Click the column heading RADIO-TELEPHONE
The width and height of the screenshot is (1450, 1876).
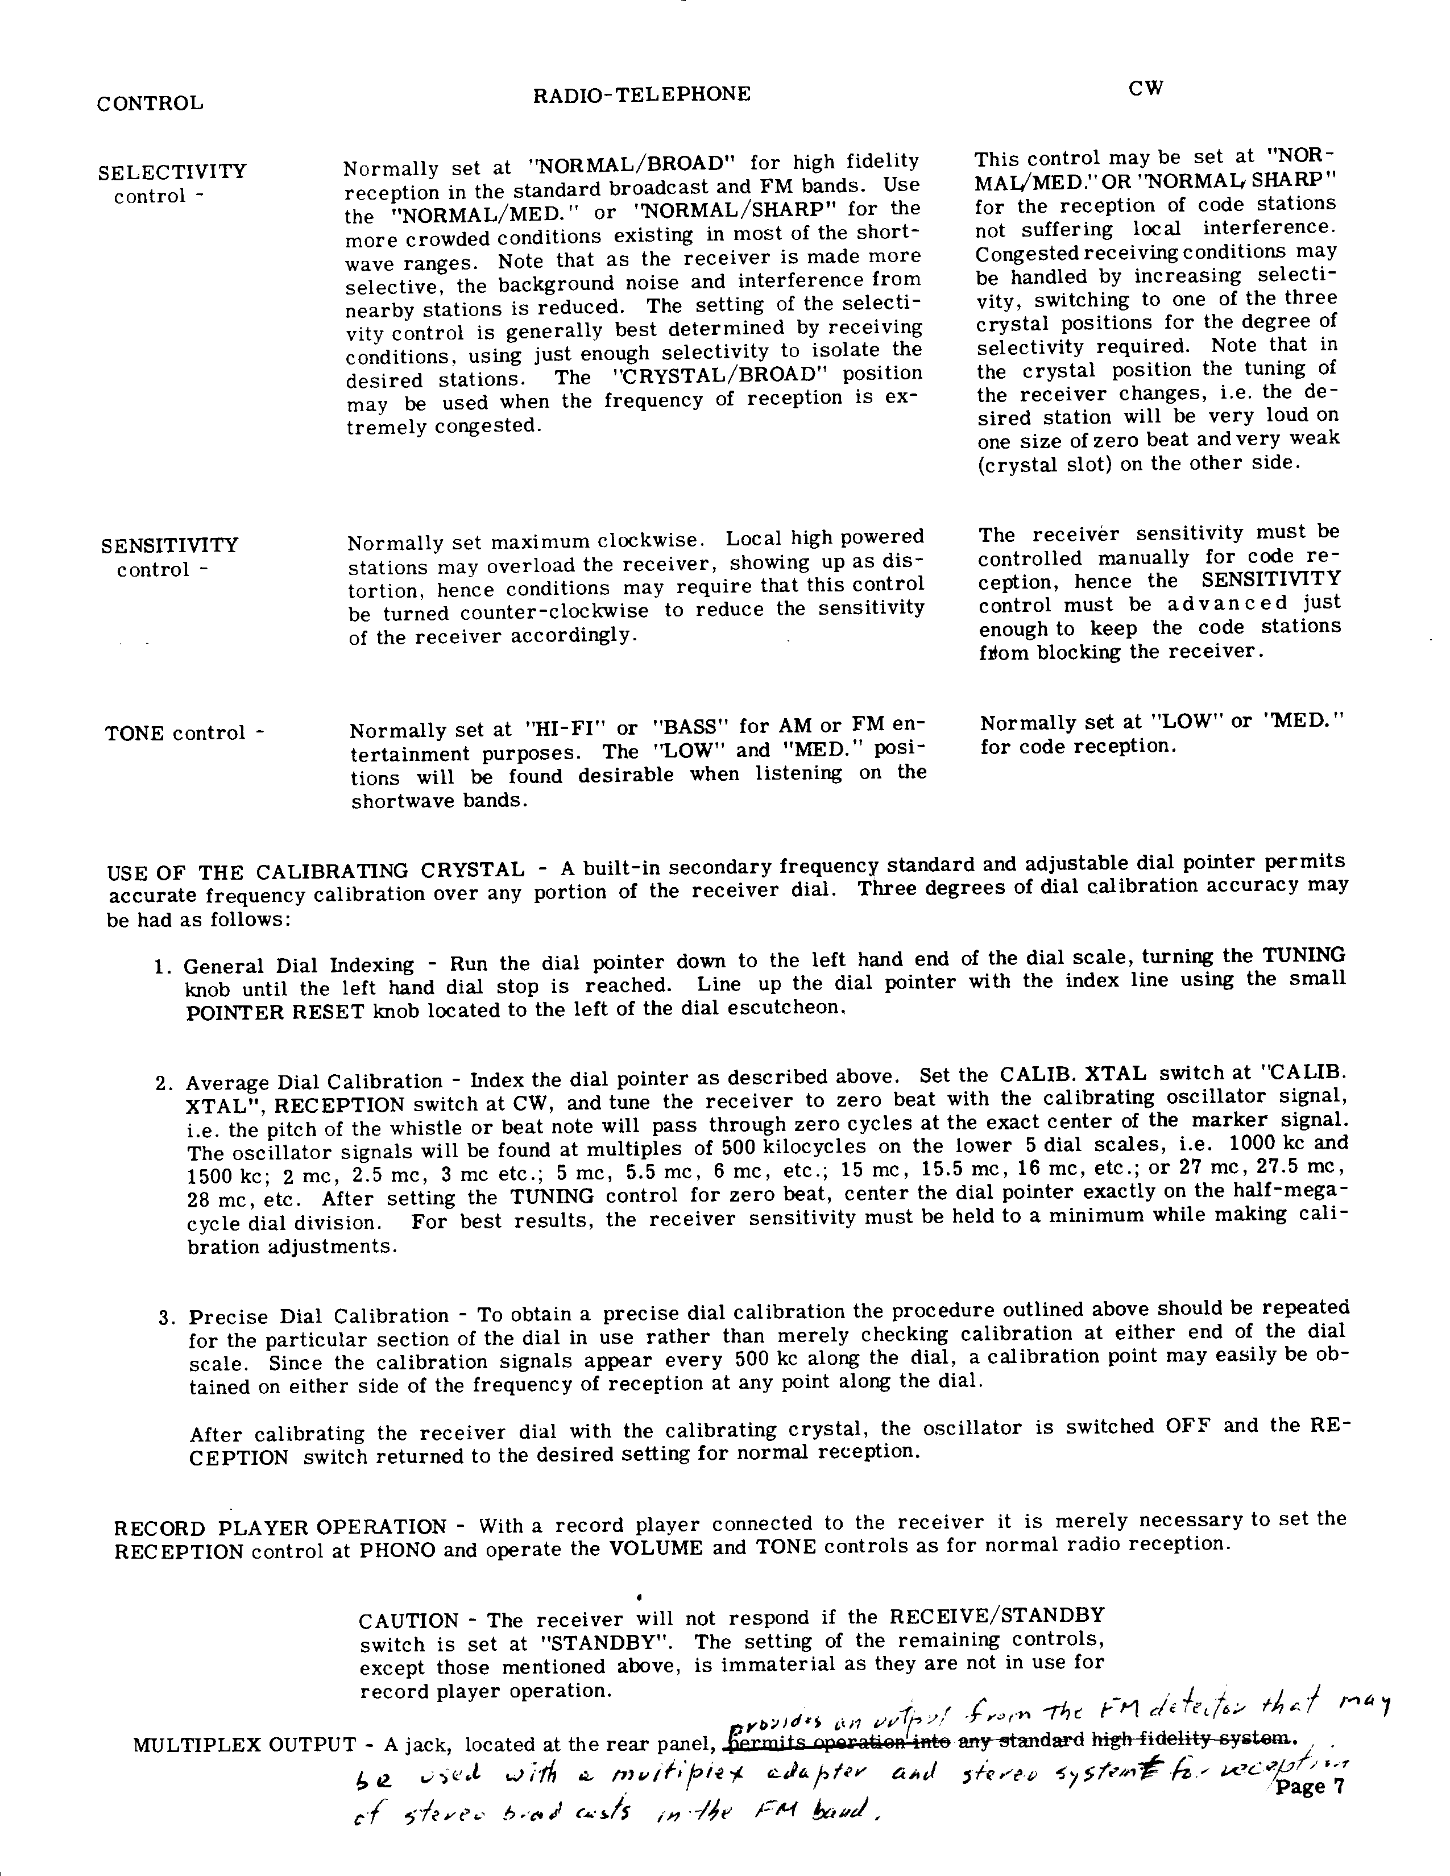(x=641, y=94)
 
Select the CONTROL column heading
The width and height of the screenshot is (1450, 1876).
(x=150, y=104)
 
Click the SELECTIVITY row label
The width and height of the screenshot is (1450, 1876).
(x=172, y=172)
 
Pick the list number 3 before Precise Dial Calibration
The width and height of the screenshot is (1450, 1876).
(x=167, y=1318)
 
